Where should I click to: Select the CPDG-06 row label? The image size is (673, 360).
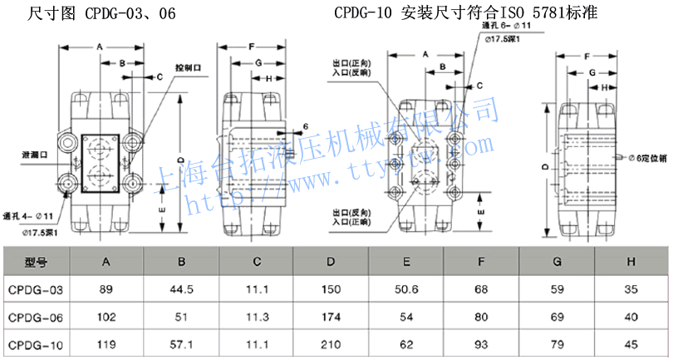[36, 317]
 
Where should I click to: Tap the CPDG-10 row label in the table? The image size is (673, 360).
[36, 343]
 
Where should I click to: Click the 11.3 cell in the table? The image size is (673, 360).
[256, 317]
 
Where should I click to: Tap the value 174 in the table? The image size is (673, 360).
[331, 317]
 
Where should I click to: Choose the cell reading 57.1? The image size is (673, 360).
[181, 343]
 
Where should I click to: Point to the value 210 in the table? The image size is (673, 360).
[331, 343]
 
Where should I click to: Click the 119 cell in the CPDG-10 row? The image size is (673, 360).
[106, 343]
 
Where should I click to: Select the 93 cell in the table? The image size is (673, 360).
[481, 343]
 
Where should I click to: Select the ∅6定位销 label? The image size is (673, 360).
[649, 157]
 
